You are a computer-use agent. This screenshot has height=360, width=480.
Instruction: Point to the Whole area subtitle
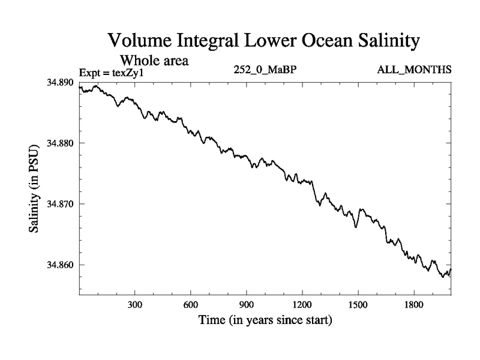click(x=155, y=61)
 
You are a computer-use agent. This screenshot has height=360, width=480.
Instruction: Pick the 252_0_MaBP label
click(x=265, y=70)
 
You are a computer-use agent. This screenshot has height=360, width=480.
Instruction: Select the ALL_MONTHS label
click(x=414, y=70)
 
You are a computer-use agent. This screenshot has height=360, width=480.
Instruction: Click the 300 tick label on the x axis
click(x=135, y=304)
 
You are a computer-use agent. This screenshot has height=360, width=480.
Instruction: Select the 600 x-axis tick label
click(x=191, y=304)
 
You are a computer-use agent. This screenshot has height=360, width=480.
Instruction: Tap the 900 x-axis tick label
click(x=247, y=304)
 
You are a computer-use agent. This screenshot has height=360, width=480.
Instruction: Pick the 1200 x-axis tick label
click(x=302, y=304)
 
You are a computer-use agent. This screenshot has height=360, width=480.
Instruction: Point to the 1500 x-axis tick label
click(x=358, y=304)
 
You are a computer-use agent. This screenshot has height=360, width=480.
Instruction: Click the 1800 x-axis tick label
click(x=413, y=304)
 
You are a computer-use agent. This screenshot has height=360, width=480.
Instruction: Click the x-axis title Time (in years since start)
click(x=265, y=320)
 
